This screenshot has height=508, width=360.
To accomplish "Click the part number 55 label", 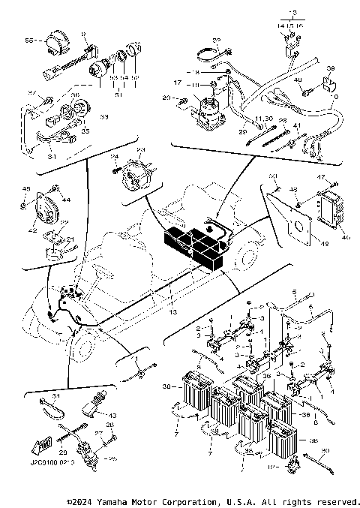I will point(29,39).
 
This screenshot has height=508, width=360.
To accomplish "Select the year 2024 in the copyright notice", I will point(85,500).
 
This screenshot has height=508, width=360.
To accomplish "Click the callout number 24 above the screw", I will point(115,156).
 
